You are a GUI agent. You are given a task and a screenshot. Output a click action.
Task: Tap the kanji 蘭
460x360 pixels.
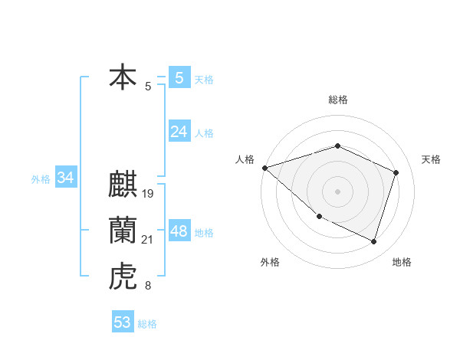tap(123, 231)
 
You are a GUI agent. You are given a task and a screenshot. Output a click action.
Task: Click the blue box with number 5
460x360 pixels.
tap(179, 77)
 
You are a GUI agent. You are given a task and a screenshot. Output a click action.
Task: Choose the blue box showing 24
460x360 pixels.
tap(179, 132)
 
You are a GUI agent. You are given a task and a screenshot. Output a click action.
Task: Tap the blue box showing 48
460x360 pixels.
tap(179, 231)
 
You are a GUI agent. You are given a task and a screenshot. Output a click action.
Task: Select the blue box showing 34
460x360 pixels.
tap(66, 178)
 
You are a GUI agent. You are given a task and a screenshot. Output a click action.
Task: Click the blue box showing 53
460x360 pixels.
tap(123, 322)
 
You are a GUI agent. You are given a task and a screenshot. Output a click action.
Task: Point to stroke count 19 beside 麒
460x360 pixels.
tap(149, 194)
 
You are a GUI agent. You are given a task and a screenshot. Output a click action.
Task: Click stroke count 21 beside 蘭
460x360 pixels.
tap(148, 241)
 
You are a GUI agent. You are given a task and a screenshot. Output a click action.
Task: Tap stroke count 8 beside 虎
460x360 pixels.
tap(148, 286)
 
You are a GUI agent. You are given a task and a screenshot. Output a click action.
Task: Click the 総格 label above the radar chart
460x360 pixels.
tap(338, 100)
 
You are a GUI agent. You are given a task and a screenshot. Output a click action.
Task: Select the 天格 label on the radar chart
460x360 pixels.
tap(431, 159)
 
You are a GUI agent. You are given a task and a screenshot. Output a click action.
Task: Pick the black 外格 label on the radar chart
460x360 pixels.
tap(270, 262)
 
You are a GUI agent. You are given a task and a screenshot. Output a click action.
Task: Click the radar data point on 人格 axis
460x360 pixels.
tap(264, 168)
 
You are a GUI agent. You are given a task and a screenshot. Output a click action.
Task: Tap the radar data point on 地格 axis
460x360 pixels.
tap(373, 241)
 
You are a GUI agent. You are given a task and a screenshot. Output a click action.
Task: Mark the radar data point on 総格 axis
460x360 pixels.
tap(337, 146)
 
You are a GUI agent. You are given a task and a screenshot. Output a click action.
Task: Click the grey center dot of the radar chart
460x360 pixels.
tap(337, 191)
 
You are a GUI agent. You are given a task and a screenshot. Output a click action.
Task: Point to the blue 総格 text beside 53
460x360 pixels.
tap(147, 324)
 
